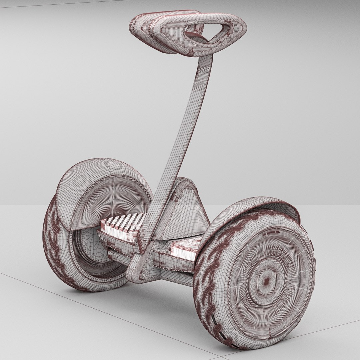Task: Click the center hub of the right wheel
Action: pyautogui.click(x=266, y=282)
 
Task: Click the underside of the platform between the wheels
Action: pyautogui.click(x=173, y=273)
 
